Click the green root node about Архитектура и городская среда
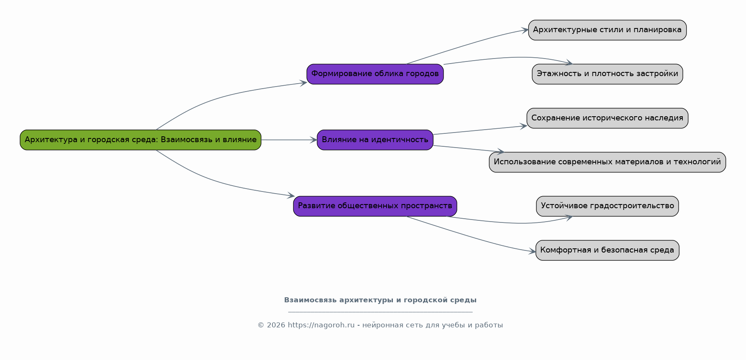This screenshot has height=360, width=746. tap(141, 140)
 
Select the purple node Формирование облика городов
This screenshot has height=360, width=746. tap(375, 74)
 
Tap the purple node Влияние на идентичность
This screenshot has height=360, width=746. tap(375, 140)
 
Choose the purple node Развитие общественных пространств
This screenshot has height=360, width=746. tap(375, 206)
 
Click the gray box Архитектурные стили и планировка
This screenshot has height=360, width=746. tap(607, 30)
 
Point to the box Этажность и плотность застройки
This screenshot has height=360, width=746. tap(607, 74)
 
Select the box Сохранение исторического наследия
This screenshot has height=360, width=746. tap(607, 118)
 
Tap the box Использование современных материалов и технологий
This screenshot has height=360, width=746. tap(607, 162)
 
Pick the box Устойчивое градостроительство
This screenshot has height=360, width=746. tap(607, 206)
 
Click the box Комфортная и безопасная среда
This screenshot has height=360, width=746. tap(607, 250)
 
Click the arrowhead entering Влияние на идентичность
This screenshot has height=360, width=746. tap(313, 140)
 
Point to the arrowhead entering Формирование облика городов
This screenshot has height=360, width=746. tap(303, 83)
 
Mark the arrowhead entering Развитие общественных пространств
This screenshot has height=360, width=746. tap(291, 196)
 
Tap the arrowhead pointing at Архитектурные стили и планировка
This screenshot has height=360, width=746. tap(525, 30)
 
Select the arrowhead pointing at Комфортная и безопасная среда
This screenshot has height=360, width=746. tap(532, 252)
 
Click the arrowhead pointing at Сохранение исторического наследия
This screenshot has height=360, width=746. tap(523, 126)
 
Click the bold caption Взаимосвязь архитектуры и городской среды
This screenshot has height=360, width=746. tap(380, 300)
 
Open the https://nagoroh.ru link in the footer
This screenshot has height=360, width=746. tap(321, 325)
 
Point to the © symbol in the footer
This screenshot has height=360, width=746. tap(261, 325)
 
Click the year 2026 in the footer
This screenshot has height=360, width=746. tap(276, 325)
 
